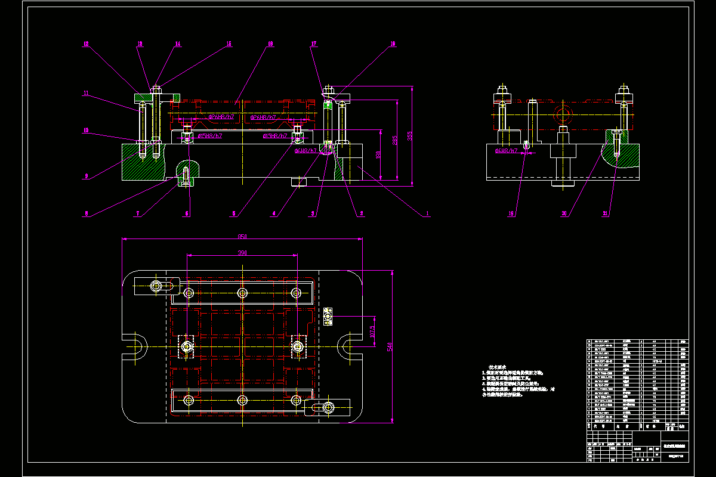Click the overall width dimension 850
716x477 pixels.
pyautogui.click(x=242, y=236)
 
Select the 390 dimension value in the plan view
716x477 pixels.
pyautogui.click(x=242, y=253)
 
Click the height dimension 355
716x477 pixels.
pyautogui.click(x=410, y=137)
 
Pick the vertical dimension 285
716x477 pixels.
pyautogui.click(x=394, y=141)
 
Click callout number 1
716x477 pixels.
pyautogui.click(x=427, y=213)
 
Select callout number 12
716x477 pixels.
pyautogui.click(x=86, y=44)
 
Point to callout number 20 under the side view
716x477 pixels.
pyautogui.click(x=569, y=213)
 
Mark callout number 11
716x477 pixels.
pyautogui.click(x=86, y=93)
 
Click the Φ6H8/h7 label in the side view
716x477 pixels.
pyautogui.click(x=505, y=151)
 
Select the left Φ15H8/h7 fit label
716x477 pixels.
pyautogui.click(x=210, y=136)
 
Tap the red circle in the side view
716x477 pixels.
pyautogui.click(x=561, y=113)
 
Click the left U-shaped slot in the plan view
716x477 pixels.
pyautogui.click(x=136, y=346)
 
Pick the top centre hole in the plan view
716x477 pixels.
pyautogui.click(x=242, y=292)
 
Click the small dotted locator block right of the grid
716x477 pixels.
pyautogui.click(x=328, y=316)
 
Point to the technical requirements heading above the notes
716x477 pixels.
pyautogui.click(x=497, y=367)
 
